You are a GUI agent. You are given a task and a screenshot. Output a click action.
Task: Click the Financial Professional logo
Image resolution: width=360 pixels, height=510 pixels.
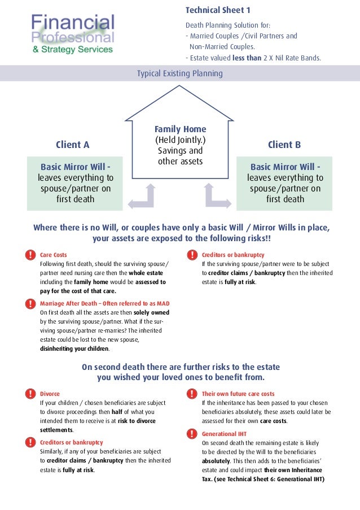(x=72, y=34)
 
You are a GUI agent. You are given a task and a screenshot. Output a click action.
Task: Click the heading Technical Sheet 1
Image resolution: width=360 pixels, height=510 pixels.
(x=218, y=10)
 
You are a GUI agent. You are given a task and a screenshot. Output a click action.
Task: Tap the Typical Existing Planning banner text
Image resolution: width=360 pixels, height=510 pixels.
(x=180, y=73)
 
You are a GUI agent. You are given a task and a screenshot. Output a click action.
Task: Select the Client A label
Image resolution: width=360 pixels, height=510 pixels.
(x=72, y=145)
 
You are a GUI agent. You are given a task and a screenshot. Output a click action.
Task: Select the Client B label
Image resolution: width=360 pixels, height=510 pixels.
(x=284, y=145)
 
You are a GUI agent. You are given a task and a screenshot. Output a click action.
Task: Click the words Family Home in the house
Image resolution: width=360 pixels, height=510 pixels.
(x=181, y=129)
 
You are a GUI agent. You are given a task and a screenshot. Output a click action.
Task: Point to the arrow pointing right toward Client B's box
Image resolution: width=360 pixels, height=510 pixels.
(x=217, y=197)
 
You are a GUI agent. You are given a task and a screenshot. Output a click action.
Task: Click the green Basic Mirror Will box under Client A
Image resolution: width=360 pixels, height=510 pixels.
(x=75, y=183)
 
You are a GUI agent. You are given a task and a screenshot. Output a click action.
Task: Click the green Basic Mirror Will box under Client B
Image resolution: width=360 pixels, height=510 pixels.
(x=285, y=183)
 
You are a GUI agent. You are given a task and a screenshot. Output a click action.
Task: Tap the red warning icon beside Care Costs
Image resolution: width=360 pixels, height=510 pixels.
(x=29, y=255)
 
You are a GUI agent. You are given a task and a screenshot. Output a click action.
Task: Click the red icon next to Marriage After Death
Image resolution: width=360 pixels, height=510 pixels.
(x=29, y=303)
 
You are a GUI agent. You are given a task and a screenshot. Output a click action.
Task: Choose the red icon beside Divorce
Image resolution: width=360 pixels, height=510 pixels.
(x=29, y=394)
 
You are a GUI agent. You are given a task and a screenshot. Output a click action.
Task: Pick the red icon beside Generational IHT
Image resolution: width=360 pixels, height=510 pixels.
(x=191, y=434)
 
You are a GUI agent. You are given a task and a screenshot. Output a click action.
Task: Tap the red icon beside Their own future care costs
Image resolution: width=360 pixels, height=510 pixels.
(x=191, y=394)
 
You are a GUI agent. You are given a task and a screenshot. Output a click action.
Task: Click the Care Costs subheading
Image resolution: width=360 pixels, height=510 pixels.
(x=54, y=255)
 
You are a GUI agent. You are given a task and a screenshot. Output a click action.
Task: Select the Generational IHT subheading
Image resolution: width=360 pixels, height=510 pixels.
(x=224, y=434)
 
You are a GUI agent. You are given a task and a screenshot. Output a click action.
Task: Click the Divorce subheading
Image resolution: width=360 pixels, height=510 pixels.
(x=50, y=394)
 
